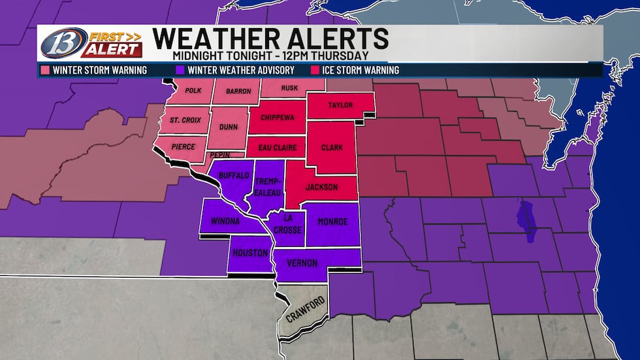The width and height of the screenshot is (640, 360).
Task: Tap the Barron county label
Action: click(238, 91)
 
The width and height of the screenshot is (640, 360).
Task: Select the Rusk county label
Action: click(289, 88)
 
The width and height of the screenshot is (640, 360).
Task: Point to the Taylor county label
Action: click(340, 105)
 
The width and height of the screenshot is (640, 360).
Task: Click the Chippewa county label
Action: click(278, 118)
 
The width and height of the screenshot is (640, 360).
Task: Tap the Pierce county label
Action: click(184, 146)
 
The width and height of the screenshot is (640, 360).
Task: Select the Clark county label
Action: click(332, 148)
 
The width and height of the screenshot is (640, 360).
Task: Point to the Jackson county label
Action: click(322, 188)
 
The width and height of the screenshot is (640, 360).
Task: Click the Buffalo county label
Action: click(233, 176)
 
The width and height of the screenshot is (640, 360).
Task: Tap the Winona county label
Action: click(223, 221)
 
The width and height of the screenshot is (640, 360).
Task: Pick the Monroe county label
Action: click(333, 222)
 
